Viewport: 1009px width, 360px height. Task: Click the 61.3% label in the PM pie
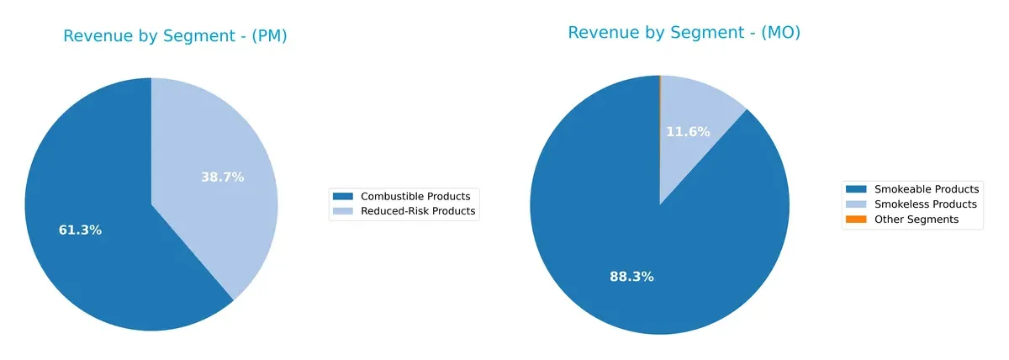80,230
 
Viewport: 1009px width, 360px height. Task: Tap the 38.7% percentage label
222,177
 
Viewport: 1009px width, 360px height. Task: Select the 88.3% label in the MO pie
631,277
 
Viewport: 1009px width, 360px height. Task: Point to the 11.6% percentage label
688,132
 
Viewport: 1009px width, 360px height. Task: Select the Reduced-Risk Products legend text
418,212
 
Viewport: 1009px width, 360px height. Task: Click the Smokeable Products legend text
927,189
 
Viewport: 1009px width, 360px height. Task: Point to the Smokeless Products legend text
926,204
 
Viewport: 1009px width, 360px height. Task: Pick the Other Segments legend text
917,220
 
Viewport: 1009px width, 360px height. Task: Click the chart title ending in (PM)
175,36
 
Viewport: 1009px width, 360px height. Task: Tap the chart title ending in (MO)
684,33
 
